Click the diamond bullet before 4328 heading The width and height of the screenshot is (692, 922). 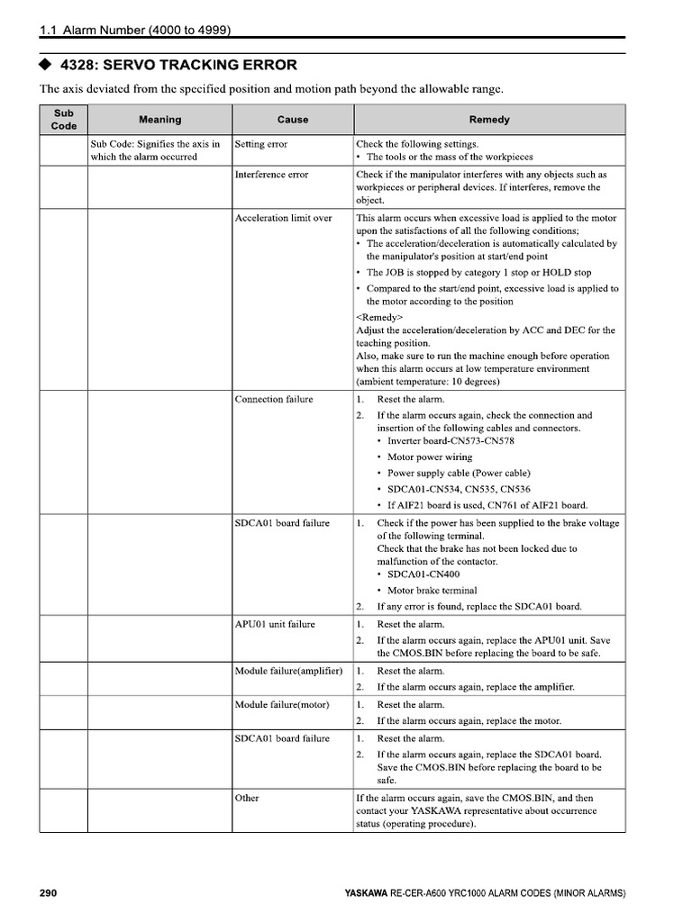click(45, 65)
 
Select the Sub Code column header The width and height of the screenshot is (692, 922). click(63, 120)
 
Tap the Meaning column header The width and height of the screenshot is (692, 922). click(159, 120)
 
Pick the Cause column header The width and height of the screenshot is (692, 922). click(293, 120)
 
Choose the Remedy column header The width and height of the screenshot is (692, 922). click(489, 120)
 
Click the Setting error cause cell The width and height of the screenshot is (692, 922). click(260, 144)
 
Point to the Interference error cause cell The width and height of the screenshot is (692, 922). click(271, 175)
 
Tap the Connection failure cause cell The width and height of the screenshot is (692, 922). click(274, 399)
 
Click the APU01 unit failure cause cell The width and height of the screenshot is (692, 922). click(275, 624)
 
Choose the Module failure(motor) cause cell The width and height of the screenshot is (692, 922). click(281, 704)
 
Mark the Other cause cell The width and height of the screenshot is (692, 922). click(247, 798)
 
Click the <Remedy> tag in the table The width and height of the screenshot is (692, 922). click(379, 318)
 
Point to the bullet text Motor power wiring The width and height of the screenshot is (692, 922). click(429, 457)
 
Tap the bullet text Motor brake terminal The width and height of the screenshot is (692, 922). click(432, 591)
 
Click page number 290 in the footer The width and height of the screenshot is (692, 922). click(49, 893)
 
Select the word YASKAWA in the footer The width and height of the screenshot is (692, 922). click(367, 894)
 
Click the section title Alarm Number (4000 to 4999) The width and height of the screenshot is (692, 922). click(145, 30)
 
